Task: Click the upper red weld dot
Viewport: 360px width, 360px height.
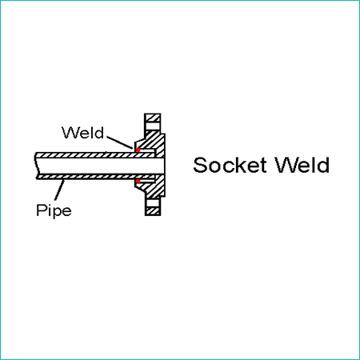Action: [x=138, y=150]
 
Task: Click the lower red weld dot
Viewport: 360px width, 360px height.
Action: [x=138, y=182]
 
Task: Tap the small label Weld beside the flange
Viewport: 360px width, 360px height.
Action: [x=82, y=133]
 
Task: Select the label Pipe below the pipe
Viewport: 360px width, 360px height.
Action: [x=54, y=210]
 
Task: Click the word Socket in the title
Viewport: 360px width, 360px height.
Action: [x=230, y=165]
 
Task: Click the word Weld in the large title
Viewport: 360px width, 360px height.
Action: [x=302, y=165]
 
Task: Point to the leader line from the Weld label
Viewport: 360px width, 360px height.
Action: [x=119, y=142]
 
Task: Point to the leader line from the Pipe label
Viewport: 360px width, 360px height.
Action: [x=59, y=190]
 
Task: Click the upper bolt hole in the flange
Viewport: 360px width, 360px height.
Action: [x=153, y=126]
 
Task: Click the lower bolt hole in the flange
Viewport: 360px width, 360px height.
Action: [x=153, y=203]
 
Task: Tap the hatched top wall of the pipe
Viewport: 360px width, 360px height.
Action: [x=94, y=155]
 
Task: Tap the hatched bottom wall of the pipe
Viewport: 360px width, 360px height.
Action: [x=95, y=177]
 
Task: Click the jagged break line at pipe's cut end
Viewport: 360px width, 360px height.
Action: [x=36, y=166]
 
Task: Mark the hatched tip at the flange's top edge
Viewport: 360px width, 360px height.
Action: [x=153, y=118]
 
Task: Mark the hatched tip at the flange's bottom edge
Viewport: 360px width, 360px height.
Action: [x=153, y=211]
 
